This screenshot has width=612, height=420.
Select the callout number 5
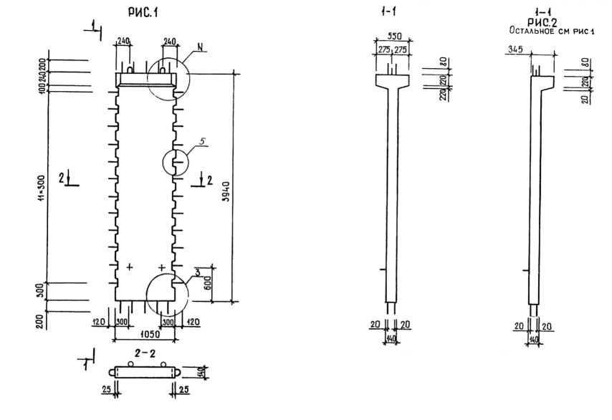[x=202, y=142]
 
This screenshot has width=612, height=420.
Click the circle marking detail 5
[x=176, y=162]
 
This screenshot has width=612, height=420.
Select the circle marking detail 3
[x=166, y=292]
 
